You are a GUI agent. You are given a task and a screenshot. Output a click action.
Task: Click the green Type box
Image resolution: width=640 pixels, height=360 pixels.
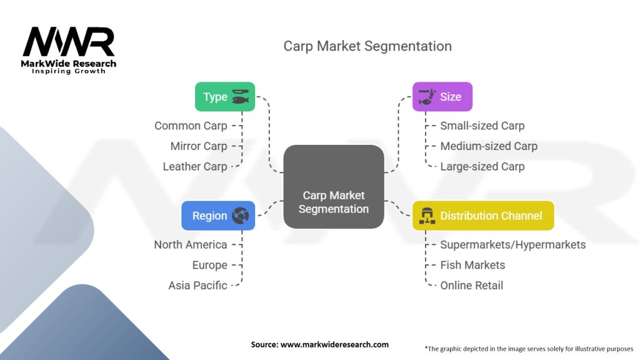[x=225, y=97]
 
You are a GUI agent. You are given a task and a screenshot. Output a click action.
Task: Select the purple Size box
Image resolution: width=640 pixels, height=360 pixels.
[x=442, y=97]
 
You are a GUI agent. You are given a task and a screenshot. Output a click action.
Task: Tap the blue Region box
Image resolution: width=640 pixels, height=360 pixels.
[x=218, y=216]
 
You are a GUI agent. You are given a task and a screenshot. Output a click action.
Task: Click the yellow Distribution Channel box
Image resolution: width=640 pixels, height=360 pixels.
[x=483, y=216]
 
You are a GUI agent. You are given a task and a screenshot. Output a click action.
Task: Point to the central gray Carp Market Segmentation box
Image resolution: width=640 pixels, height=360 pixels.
[x=333, y=186]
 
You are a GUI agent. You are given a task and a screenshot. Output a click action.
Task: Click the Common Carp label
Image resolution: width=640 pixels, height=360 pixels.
[x=191, y=126]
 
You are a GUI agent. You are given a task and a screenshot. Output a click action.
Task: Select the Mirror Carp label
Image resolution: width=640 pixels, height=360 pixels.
[x=199, y=146]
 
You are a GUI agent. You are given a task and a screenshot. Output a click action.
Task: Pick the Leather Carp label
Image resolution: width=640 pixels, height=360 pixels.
[x=195, y=167]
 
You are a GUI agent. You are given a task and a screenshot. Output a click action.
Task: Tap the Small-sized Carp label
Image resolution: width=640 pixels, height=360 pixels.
[x=482, y=126]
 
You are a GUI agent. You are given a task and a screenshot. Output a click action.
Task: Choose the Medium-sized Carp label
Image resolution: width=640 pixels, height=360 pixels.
[x=489, y=146]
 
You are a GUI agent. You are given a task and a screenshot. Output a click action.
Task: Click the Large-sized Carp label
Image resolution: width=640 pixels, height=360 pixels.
[x=482, y=167]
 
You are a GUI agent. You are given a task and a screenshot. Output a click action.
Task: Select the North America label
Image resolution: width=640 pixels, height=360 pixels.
[x=191, y=245]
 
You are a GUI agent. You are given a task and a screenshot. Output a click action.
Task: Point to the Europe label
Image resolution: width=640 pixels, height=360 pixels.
[x=210, y=265]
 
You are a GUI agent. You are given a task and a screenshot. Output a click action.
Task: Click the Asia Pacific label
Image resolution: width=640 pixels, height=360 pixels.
[x=197, y=286]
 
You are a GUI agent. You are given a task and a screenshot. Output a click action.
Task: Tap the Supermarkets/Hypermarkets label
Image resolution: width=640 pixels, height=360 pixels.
[x=513, y=245]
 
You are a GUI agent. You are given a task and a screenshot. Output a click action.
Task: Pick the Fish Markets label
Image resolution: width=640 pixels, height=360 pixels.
[x=472, y=265]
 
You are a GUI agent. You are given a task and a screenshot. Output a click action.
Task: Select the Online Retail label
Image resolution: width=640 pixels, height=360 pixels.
[x=472, y=286]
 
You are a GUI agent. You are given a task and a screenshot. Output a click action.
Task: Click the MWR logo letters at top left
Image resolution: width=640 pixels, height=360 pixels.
[x=69, y=42]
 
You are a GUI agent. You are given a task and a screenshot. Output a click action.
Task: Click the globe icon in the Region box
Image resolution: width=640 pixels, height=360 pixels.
[x=240, y=216]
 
